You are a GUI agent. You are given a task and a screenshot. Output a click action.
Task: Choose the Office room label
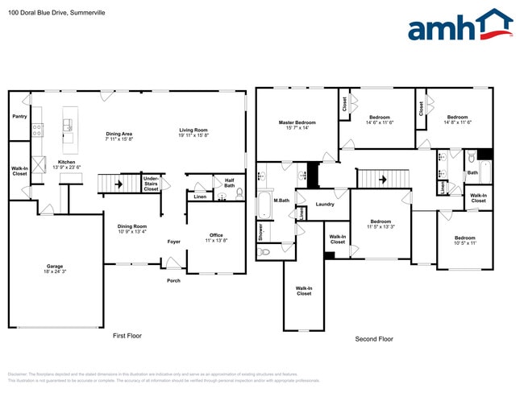(216, 238)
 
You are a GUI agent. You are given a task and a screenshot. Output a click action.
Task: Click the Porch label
(173, 280)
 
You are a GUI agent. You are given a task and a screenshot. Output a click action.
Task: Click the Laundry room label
(326, 205)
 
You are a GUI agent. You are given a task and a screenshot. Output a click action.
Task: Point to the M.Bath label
(281, 200)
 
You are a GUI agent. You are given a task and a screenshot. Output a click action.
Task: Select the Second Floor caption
(374, 339)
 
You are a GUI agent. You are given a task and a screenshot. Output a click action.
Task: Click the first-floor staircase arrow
(119, 183)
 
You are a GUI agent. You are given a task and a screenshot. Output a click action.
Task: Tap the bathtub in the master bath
(264, 205)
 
